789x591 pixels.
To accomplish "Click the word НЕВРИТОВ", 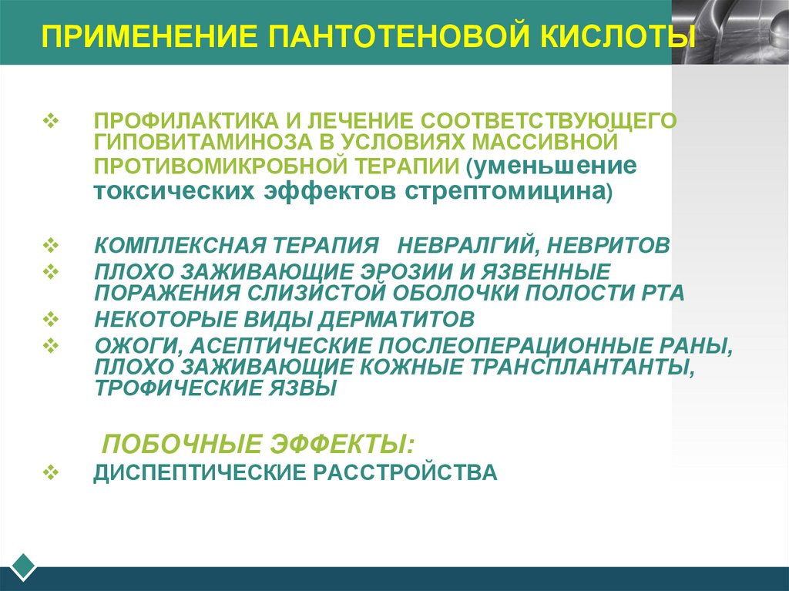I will pyautogui.click(x=610, y=245).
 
